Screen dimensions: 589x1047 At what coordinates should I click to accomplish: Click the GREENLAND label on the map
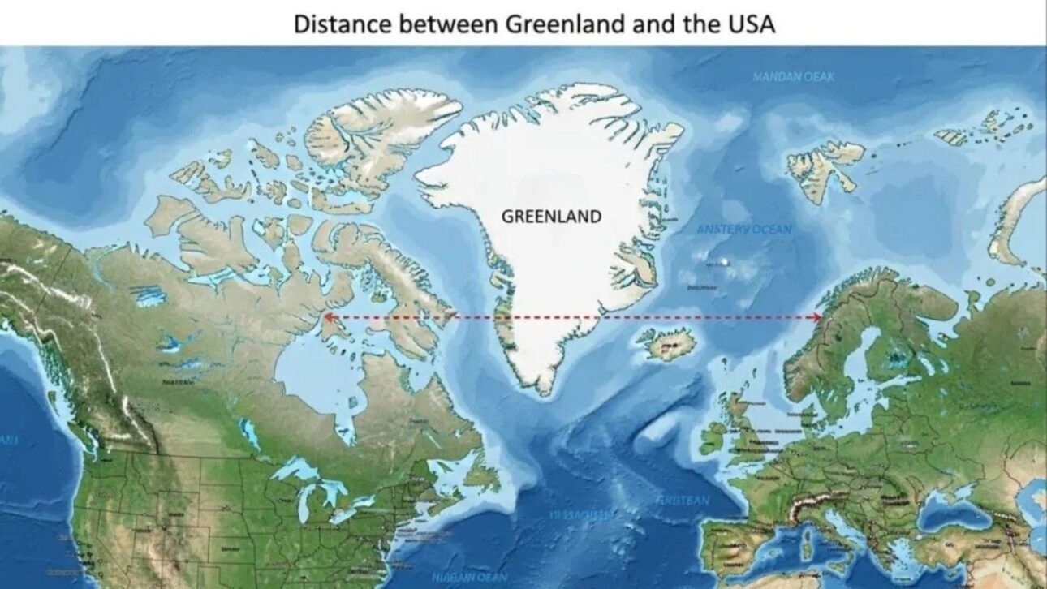pos(552,217)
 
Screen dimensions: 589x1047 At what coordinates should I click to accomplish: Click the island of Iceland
pos(667,344)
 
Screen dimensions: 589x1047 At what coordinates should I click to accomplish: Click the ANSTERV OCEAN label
pos(743,230)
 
